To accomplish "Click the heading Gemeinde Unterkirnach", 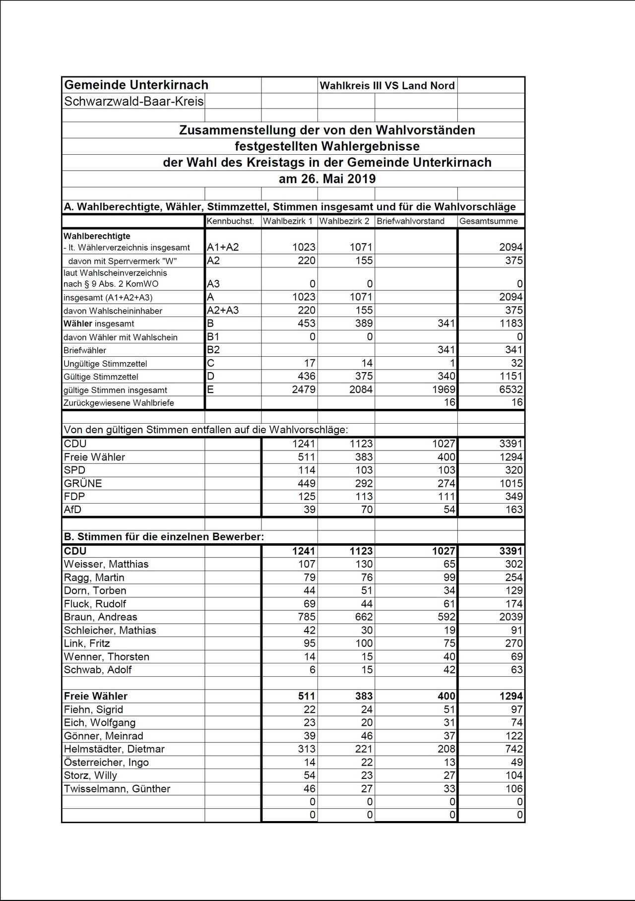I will click(136, 85).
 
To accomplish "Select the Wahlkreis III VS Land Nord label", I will click(387, 85).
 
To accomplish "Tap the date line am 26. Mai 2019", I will click(327, 179).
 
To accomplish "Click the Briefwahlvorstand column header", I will click(410, 221).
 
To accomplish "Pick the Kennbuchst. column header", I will click(230, 221).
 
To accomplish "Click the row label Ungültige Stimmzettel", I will click(105, 364).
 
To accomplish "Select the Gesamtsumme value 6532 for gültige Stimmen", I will click(510, 389).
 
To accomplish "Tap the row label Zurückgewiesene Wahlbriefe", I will click(119, 403).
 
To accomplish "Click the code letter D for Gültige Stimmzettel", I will click(211, 376).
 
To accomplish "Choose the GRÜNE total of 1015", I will click(510, 483).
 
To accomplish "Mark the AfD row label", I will click(72, 510).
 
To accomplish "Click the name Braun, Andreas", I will click(100, 617).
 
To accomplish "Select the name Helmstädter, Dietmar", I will click(114, 749).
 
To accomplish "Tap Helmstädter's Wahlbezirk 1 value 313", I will click(306, 749).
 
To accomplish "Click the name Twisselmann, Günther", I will click(117, 789).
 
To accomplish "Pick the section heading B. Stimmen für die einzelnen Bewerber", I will click(164, 537).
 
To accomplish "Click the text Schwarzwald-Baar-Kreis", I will click(134, 102).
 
